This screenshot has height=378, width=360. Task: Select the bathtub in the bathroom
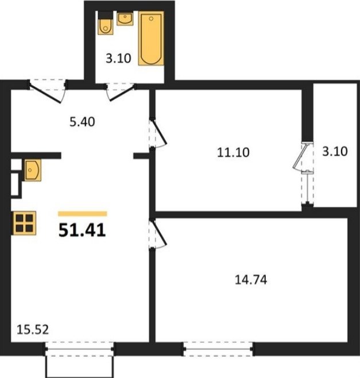(x=151, y=38)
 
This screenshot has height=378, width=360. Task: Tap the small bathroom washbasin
(x=125, y=19)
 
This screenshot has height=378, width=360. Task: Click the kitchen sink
(x=32, y=170)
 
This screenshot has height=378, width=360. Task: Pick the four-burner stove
(x=24, y=223)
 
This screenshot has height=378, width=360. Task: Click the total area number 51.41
(x=82, y=230)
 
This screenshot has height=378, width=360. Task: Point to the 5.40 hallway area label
(x=82, y=122)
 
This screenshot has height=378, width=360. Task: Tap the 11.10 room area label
(x=233, y=152)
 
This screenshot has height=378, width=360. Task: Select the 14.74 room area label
(x=251, y=280)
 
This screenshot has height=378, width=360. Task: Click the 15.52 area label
(x=33, y=330)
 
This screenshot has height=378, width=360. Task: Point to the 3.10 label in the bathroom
(x=118, y=59)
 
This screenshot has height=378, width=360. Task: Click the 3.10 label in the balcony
(x=335, y=152)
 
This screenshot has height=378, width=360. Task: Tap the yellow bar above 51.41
(x=83, y=214)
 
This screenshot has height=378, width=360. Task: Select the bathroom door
(x=121, y=91)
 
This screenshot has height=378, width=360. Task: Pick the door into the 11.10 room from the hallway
(x=158, y=133)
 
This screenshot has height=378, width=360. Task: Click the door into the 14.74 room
(x=158, y=233)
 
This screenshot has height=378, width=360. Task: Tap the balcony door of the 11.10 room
(x=304, y=173)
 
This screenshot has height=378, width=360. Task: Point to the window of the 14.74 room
(x=218, y=349)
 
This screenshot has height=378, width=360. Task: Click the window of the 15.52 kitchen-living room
(x=79, y=349)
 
